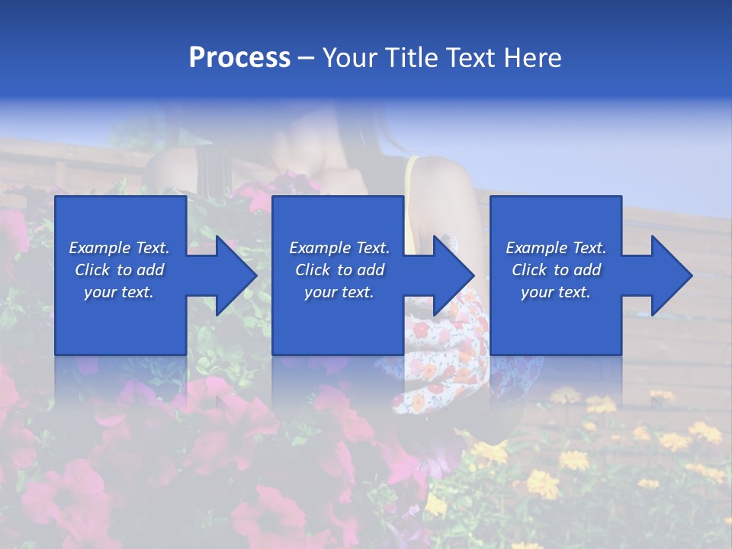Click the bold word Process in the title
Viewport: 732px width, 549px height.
[x=239, y=58]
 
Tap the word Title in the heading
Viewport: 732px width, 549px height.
[x=409, y=58]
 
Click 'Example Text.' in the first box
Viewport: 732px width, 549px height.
[x=119, y=248]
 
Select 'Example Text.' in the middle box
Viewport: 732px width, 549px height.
[x=339, y=248]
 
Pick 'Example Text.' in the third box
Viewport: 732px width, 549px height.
[x=556, y=248]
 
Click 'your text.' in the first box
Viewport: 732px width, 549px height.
[x=119, y=292]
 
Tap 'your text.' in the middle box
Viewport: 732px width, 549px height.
[x=339, y=292]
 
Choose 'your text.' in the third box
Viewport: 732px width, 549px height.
[x=556, y=292]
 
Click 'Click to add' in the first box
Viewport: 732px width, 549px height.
[x=119, y=270]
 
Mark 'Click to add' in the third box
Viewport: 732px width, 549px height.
[x=556, y=270]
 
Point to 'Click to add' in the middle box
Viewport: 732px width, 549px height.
[x=339, y=270]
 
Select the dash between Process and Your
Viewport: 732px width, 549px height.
[x=306, y=59]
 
